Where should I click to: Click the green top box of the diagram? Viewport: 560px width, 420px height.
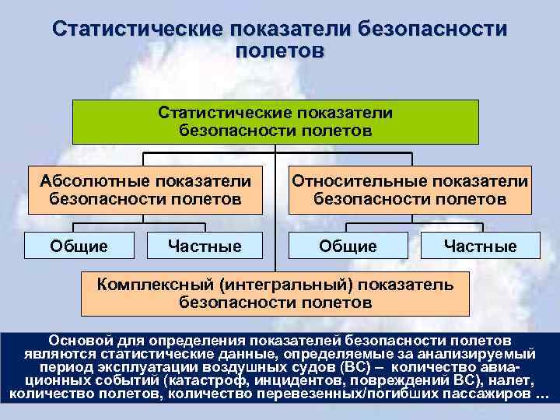click(x=275, y=121)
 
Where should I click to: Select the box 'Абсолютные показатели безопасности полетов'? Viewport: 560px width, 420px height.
click(x=145, y=190)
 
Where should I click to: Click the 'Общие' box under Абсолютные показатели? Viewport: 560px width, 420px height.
click(x=79, y=247)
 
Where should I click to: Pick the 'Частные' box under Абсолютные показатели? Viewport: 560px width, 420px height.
click(x=205, y=247)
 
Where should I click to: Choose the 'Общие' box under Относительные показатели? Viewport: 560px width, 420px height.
click(x=348, y=247)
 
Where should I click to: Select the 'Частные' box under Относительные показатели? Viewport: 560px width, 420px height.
click(x=480, y=247)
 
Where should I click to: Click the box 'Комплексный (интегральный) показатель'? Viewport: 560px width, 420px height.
click(x=275, y=292)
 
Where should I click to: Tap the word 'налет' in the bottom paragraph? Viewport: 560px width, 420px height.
click(x=513, y=380)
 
